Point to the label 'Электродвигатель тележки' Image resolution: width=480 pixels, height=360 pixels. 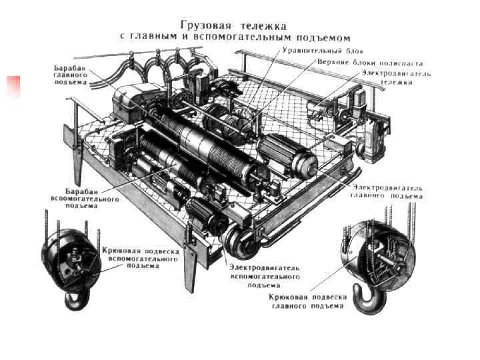(x=397, y=78)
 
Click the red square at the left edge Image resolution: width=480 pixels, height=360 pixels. (x=13, y=87)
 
